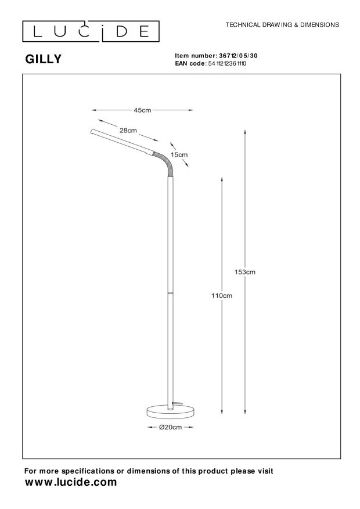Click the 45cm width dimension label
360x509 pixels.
[142, 110]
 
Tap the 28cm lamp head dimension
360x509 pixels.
[128, 131]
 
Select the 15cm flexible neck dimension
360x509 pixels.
[179, 154]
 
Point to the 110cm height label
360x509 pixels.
[222, 295]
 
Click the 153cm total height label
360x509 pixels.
[245, 272]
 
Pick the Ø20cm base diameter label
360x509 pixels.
[171, 427]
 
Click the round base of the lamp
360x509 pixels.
[171, 411]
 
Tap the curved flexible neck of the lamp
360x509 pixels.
[164, 163]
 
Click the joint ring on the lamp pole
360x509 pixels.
[171, 292]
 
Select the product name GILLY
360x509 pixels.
[43, 59]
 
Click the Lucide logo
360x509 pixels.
[91, 31]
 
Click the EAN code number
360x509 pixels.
[227, 64]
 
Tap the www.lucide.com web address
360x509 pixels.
[71, 482]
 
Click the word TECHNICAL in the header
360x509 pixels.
[243, 25]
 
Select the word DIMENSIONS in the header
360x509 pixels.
[320, 25]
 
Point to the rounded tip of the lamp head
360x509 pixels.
[92, 132]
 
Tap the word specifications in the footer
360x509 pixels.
[88, 471]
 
